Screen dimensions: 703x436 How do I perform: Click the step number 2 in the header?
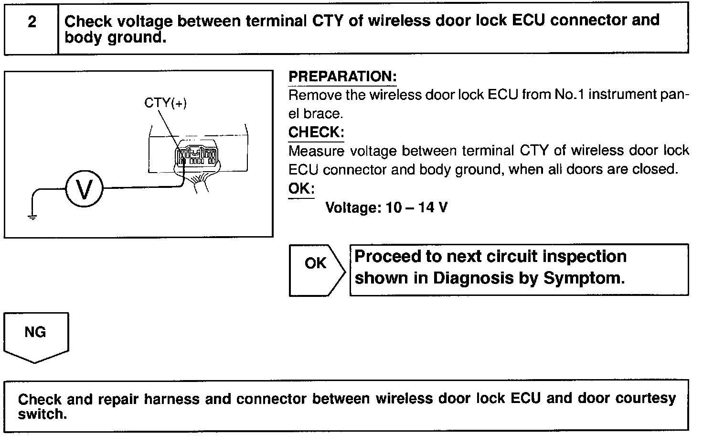tap(32, 22)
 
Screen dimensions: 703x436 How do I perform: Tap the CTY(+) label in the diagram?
tap(165, 103)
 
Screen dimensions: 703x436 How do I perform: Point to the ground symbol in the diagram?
tap(32, 217)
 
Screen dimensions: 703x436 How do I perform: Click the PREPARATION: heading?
tap(342, 76)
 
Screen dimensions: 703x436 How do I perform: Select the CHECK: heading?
tap(316, 132)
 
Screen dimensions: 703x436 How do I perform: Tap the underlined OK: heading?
tap(301, 188)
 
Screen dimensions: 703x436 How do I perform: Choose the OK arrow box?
tap(316, 270)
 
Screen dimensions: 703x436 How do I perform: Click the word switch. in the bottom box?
tap(43, 414)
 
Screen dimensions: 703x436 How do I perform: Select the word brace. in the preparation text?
tap(323, 114)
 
